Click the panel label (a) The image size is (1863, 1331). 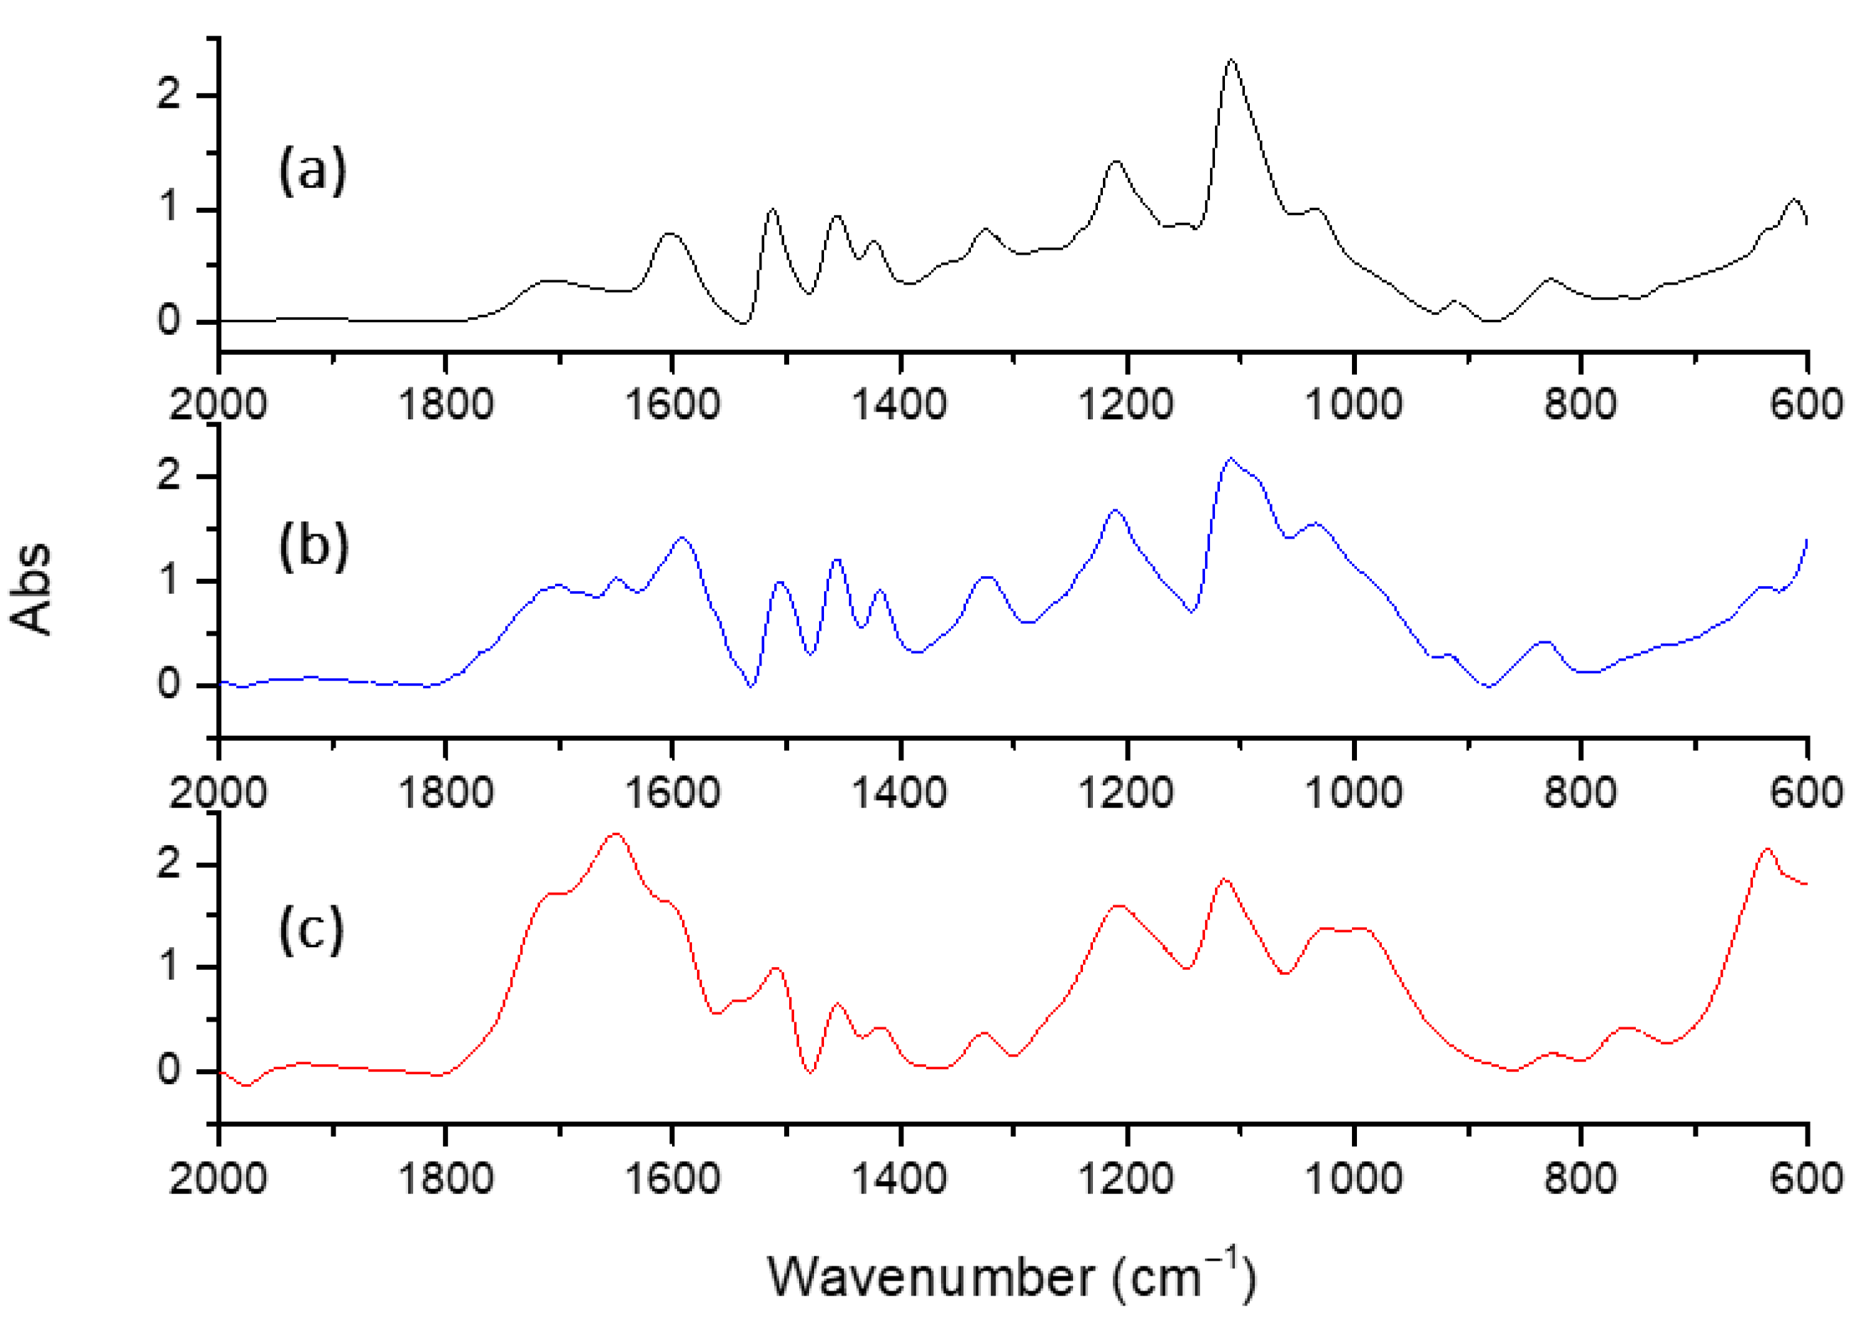point(312,171)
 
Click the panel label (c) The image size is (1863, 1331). point(312,930)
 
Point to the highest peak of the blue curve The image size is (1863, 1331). point(1230,458)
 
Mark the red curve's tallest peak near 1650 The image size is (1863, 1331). point(615,834)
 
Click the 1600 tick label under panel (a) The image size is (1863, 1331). point(672,405)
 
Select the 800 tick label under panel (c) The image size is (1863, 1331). point(1581,1178)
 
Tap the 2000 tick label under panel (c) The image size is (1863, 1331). point(218,1178)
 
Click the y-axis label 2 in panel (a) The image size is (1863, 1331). point(169,95)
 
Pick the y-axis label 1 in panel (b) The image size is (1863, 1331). point(169,580)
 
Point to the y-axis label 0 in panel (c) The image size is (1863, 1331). point(169,1070)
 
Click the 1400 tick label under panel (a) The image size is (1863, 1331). point(900,405)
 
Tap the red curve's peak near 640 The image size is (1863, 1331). point(1767,849)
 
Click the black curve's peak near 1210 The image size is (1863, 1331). point(1116,162)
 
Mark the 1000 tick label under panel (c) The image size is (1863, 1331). point(1353,1178)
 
